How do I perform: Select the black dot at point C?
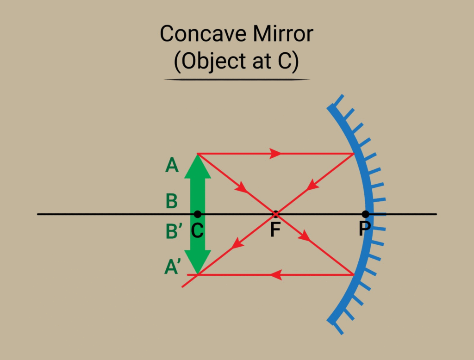pyautogui.click(x=198, y=214)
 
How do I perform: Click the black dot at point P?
pyautogui.click(x=366, y=214)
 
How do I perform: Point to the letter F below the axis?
pyautogui.click(x=275, y=230)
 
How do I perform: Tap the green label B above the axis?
pyautogui.click(x=172, y=201)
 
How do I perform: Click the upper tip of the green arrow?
pyautogui.click(x=198, y=155)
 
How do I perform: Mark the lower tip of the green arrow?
pyautogui.click(x=198, y=273)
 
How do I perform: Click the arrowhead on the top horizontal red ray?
pyautogui.click(x=276, y=154)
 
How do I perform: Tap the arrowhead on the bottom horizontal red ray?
pyautogui.click(x=276, y=275)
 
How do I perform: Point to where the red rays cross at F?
pyautogui.click(x=275, y=214)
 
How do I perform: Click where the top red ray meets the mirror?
pyautogui.click(x=354, y=154)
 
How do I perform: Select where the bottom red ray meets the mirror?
pyautogui.click(x=354, y=275)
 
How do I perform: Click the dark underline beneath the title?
pyautogui.click(x=237, y=80)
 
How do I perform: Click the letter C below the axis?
pyautogui.click(x=198, y=230)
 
